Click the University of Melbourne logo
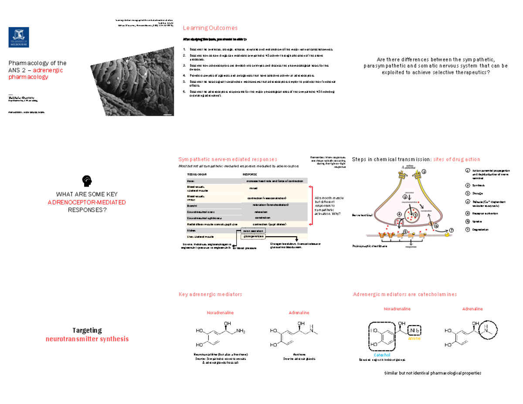[19, 37]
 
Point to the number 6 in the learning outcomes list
[184, 92]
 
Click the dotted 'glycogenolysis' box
[254, 236]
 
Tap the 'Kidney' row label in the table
[191, 230]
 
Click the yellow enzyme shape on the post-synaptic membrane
[447, 234]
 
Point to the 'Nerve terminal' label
[363, 215]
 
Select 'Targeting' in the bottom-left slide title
[87, 330]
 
